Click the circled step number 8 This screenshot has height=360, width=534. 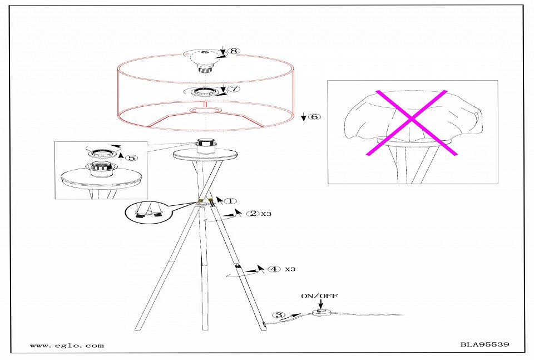click(233, 51)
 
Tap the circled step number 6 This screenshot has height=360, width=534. click(314, 117)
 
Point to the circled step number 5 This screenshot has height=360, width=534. click(132, 157)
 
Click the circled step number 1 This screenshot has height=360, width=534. click(230, 201)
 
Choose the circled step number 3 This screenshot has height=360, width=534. click(279, 315)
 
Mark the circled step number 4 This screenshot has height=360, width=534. click(274, 269)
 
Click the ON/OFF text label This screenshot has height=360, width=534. click(319, 296)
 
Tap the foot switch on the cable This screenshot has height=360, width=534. click(320, 313)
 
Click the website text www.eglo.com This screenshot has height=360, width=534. click(67, 346)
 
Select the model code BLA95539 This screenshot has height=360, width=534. click(485, 344)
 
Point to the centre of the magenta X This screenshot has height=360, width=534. click(412, 119)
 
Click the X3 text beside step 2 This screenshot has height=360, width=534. click(266, 214)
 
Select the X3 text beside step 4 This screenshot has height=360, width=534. click(290, 269)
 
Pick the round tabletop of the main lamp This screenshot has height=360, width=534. click(206, 155)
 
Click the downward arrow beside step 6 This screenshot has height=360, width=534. click(304, 117)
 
